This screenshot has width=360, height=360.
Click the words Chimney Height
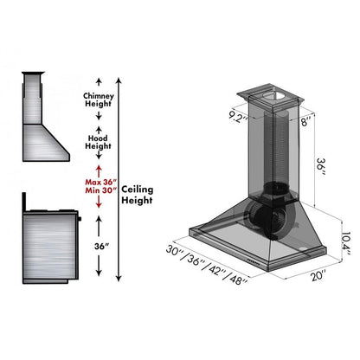(x=99, y=100)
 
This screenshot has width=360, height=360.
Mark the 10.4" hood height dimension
(x=345, y=236)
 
